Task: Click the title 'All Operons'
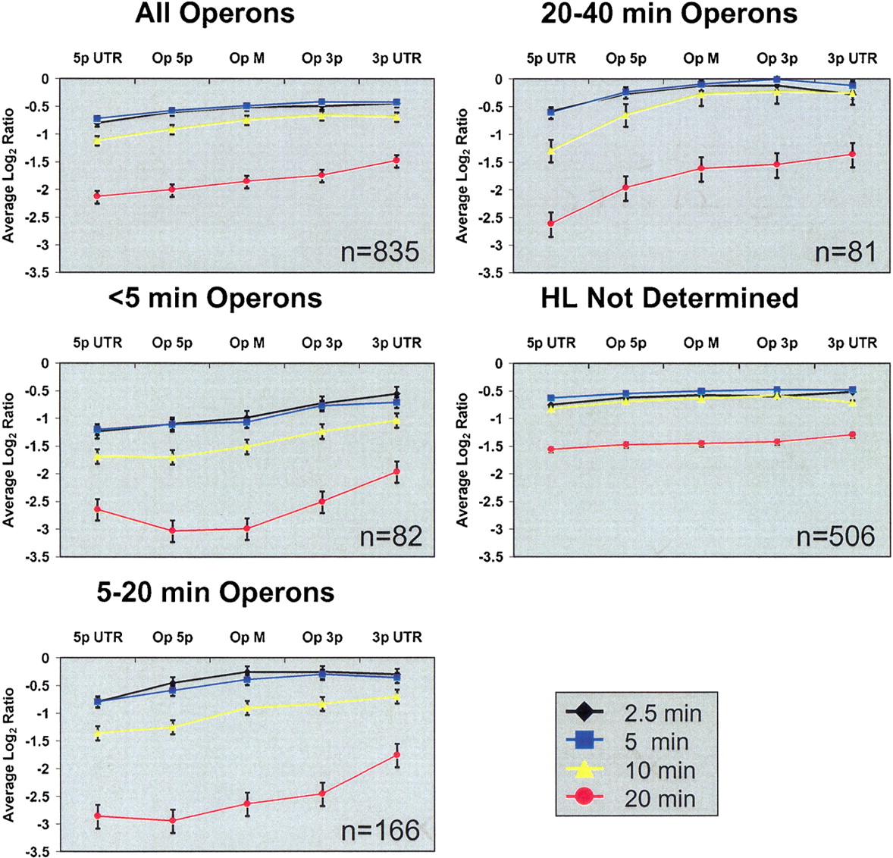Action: coord(215,14)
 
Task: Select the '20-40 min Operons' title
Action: coord(669,14)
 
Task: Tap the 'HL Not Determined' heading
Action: coord(670,298)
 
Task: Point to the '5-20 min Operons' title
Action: coord(215,593)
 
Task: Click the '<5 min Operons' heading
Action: coord(215,298)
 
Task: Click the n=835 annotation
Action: coord(380,252)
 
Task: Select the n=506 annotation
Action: coord(835,537)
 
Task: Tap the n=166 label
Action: coord(381,831)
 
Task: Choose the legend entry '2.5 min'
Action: coord(663,713)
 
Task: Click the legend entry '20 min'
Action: coord(660,799)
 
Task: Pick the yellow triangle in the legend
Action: coord(585,770)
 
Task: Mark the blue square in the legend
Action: coord(585,741)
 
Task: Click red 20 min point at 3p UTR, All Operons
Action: coord(396,161)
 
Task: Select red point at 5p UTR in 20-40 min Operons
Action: coord(550,224)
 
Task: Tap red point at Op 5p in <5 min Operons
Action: coord(172,531)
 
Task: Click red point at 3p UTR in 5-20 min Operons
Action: coord(397,755)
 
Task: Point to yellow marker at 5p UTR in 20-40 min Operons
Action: coord(550,150)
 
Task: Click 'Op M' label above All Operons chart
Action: coord(246,58)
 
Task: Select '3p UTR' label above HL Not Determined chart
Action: coord(852,343)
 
